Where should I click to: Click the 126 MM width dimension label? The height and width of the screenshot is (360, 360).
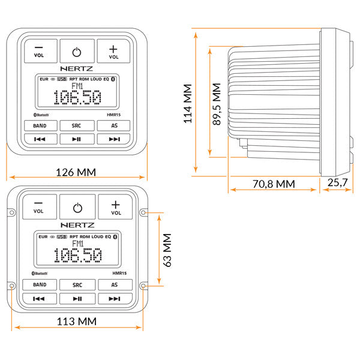77,172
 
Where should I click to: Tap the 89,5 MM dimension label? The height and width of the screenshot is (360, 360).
217,103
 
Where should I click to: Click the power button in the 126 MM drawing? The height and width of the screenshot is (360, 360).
77,51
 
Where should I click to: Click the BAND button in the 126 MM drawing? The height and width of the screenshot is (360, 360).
41,125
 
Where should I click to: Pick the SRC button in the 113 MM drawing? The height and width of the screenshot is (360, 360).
77,285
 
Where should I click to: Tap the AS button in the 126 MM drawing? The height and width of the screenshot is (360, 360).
114,125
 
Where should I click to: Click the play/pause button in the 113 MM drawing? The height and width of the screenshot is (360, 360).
77,298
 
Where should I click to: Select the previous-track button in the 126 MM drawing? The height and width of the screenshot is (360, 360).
41,139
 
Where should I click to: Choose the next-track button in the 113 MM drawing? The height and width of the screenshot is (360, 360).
115,298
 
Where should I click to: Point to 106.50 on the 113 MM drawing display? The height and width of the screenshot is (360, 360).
77,256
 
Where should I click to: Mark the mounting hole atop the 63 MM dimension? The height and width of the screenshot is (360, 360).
143,212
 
